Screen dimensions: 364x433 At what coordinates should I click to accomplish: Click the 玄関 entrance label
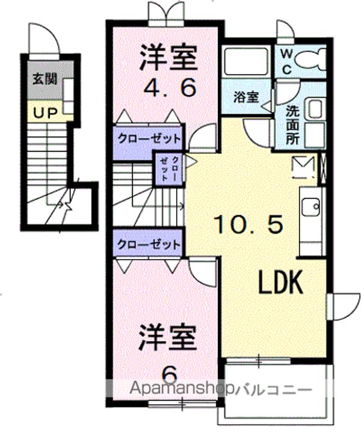[45, 79]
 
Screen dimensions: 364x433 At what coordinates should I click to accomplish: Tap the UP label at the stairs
[45, 113]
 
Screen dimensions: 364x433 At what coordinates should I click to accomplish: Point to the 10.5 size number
[248, 224]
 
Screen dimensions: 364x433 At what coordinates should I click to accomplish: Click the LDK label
[280, 282]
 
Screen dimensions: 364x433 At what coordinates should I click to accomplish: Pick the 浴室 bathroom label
[246, 97]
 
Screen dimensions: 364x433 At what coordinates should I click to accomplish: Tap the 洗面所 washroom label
[292, 125]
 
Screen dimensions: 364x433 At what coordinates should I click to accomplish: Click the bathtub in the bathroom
[246, 61]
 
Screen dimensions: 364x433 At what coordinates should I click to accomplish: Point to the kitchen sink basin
[310, 207]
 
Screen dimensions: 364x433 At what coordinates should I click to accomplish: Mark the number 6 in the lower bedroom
[168, 374]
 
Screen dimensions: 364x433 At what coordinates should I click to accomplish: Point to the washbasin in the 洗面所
[315, 110]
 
